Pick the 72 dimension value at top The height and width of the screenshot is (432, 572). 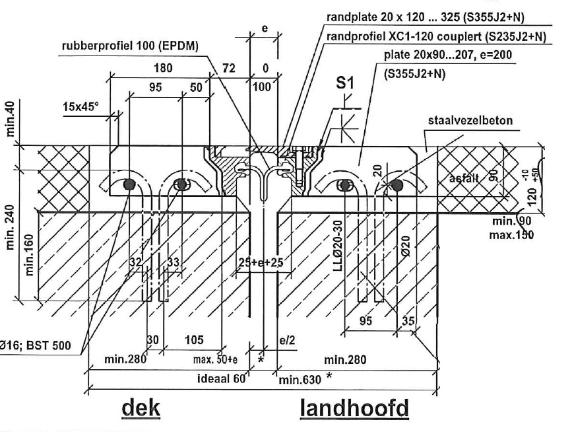[x=230, y=68]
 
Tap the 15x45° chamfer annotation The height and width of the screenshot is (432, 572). [x=83, y=105]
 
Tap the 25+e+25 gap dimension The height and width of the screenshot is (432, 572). [x=261, y=262]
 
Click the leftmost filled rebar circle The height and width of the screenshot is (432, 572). [x=129, y=184]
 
